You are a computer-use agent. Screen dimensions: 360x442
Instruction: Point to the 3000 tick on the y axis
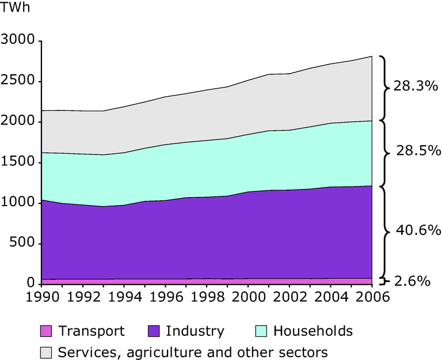(19, 41)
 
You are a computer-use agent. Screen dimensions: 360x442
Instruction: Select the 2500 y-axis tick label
(19, 82)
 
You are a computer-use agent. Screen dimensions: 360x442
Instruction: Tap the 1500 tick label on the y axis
(19, 162)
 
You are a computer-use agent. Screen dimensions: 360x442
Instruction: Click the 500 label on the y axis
(24, 244)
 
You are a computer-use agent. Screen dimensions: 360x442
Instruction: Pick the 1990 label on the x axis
(41, 297)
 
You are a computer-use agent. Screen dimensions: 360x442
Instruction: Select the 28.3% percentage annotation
(416, 87)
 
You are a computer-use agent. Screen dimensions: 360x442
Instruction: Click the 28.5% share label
(416, 152)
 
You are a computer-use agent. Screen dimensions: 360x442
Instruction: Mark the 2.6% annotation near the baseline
(413, 281)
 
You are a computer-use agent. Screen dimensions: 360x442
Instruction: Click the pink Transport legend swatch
(46, 331)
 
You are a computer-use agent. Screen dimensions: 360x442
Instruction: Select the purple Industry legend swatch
(153, 331)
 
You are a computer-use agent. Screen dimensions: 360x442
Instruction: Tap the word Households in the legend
(313, 331)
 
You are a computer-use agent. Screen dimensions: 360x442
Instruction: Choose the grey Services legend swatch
(46, 351)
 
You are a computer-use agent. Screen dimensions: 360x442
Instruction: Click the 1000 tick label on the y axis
(19, 203)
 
